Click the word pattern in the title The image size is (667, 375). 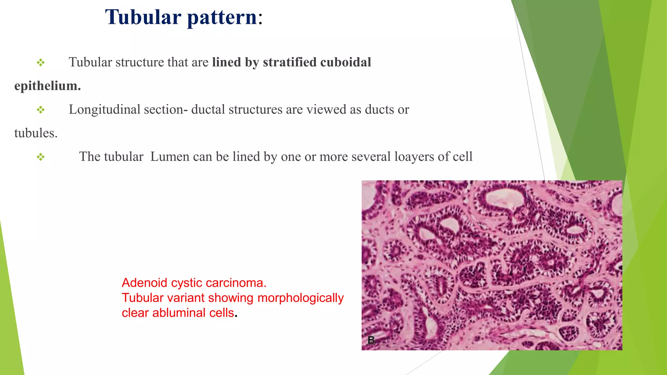(222, 18)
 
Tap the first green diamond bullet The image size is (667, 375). (41, 62)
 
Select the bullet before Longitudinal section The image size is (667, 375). (41, 110)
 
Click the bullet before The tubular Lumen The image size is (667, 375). (41, 157)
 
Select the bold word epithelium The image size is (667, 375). (47, 86)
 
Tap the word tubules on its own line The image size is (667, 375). (35, 133)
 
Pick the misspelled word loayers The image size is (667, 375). (414, 157)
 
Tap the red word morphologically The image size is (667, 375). (300, 298)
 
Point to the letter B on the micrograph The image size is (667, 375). (371, 340)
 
